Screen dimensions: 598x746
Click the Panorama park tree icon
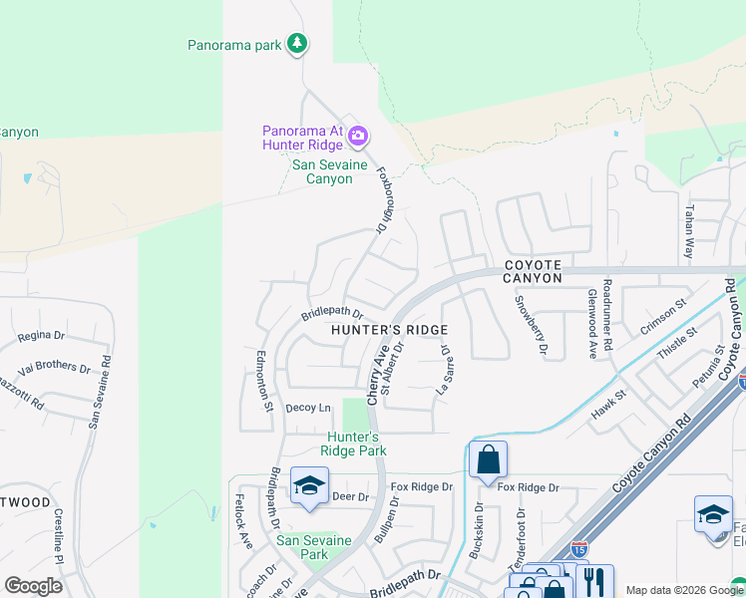pyautogui.click(x=296, y=43)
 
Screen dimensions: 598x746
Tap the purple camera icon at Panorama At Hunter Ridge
pyautogui.click(x=358, y=136)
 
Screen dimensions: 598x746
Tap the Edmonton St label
pyautogui.click(x=263, y=379)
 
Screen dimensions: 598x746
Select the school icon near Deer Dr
pyautogui.click(x=309, y=485)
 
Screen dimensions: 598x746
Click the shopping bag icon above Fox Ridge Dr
pyautogui.click(x=488, y=459)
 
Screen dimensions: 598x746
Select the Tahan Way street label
pyautogui.click(x=689, y=232)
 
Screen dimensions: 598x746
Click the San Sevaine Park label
pyautogui.click(x=314, y=547)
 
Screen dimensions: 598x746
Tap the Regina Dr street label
pyautogui.click(x=41, y=337)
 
